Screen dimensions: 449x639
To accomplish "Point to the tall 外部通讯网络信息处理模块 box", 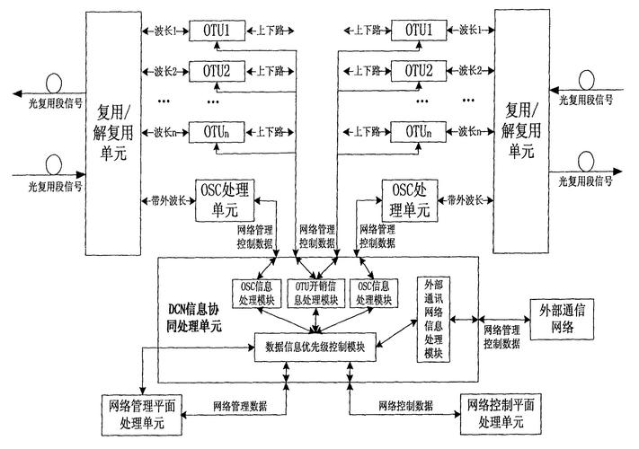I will coord(434,319).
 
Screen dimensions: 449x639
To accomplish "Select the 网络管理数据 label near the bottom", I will coord(240,406).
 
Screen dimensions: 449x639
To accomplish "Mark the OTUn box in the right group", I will coord(415,132).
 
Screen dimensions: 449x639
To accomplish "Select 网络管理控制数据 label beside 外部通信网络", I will coord(499,337).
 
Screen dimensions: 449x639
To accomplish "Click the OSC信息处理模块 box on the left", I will coord(251,293).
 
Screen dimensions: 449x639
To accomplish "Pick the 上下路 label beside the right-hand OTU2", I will coord(363,70).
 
